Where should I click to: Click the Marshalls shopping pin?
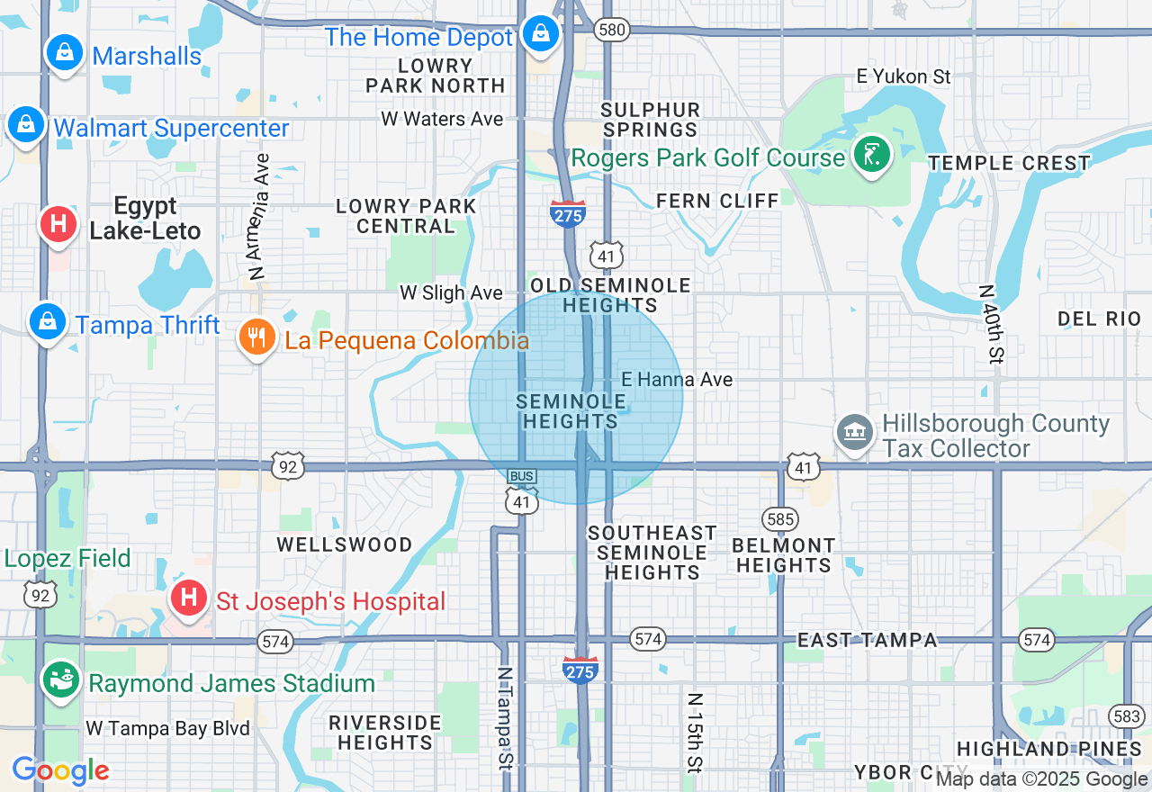[x=65, y=54]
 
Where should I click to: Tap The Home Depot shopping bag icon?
[x=540, y=34]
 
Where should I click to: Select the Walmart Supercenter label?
[x=171, y=128]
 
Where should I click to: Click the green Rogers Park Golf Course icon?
[x=871, y=155]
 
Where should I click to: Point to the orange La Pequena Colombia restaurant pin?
[x=257, y=338]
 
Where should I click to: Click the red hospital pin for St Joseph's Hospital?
[x=189, y=598]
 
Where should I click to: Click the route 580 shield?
[x=611, y=30]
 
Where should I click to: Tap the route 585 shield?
[x=779, y=518]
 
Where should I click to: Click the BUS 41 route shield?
[x=522, y=490]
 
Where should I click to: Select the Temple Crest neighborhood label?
[x=1009, y=164]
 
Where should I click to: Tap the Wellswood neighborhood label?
[x=345, y=544]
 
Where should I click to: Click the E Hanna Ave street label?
[x=677, y=380]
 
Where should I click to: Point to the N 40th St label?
[x=991, y=324]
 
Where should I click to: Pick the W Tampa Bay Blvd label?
[x=167, y=728]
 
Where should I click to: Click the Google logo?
[x=60, y=770]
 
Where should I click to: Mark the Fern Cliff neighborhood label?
[x=717, y=201]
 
